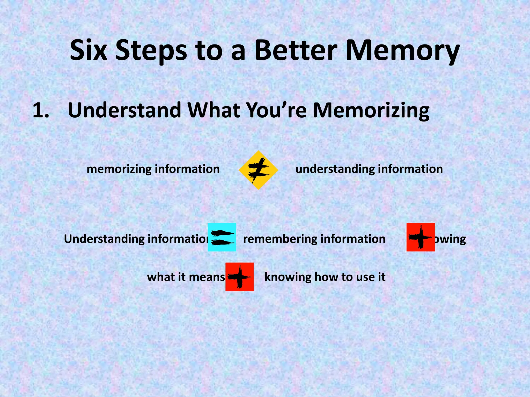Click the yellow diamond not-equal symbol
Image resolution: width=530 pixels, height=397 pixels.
[x=258, y=170]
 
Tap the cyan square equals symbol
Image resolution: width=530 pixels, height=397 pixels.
[x=222, y=237]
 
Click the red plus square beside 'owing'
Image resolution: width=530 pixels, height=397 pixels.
[x=421, y=237]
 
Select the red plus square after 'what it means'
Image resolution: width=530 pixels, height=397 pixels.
[x=239, y=277]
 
